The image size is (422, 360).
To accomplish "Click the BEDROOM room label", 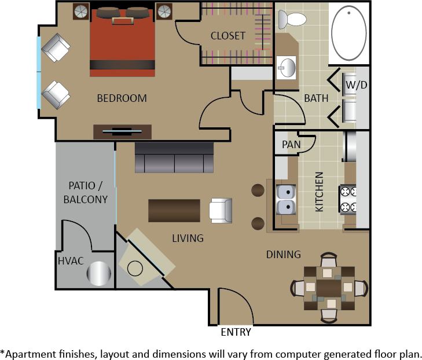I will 122,98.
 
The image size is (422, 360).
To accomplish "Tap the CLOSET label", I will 227,36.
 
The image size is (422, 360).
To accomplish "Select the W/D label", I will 356,85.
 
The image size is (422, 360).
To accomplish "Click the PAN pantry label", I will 291,144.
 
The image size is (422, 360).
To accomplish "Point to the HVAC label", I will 71,261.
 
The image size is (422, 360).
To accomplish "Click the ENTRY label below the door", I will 236,332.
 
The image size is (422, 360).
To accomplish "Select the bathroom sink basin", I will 286,68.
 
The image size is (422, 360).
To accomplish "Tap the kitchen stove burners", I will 348,199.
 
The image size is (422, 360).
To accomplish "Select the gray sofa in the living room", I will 174,157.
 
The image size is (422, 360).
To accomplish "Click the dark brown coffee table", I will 174,211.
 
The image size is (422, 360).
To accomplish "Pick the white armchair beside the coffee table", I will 221,210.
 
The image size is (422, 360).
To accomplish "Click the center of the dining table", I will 328,287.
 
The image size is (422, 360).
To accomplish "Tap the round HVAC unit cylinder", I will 98,274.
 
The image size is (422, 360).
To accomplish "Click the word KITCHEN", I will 319,192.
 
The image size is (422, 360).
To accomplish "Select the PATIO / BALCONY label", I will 88,193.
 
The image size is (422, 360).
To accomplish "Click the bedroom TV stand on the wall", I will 122,132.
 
